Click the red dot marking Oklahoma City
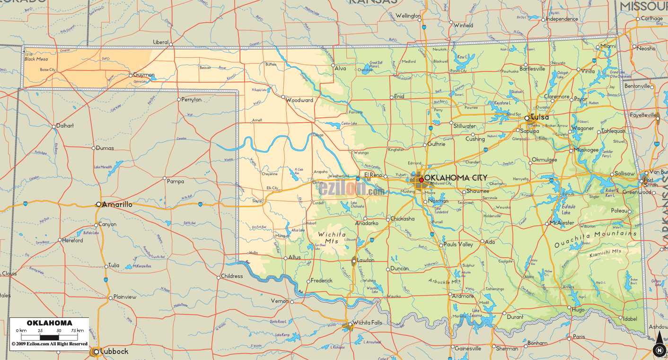point(421,180)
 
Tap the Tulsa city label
point(540,117)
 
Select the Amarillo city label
point(117,204)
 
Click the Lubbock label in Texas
point(114,351)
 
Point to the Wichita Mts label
point(332,237)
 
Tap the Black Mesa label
point(36,59)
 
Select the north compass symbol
point(658,350)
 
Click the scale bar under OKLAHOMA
point(50,337)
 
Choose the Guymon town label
point(144,75)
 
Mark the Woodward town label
point(300,100)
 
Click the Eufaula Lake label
point(569,210)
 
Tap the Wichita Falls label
point(370,323)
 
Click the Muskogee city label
point(587,150)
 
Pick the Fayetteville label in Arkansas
point(643,115)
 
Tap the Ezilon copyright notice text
point(49,344)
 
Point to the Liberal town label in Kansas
point(161,42)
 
